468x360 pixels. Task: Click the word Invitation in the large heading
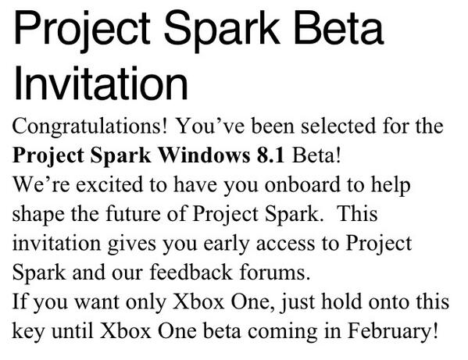click(x=102, y=82)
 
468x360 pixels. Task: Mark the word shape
click(x=36, y=213)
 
